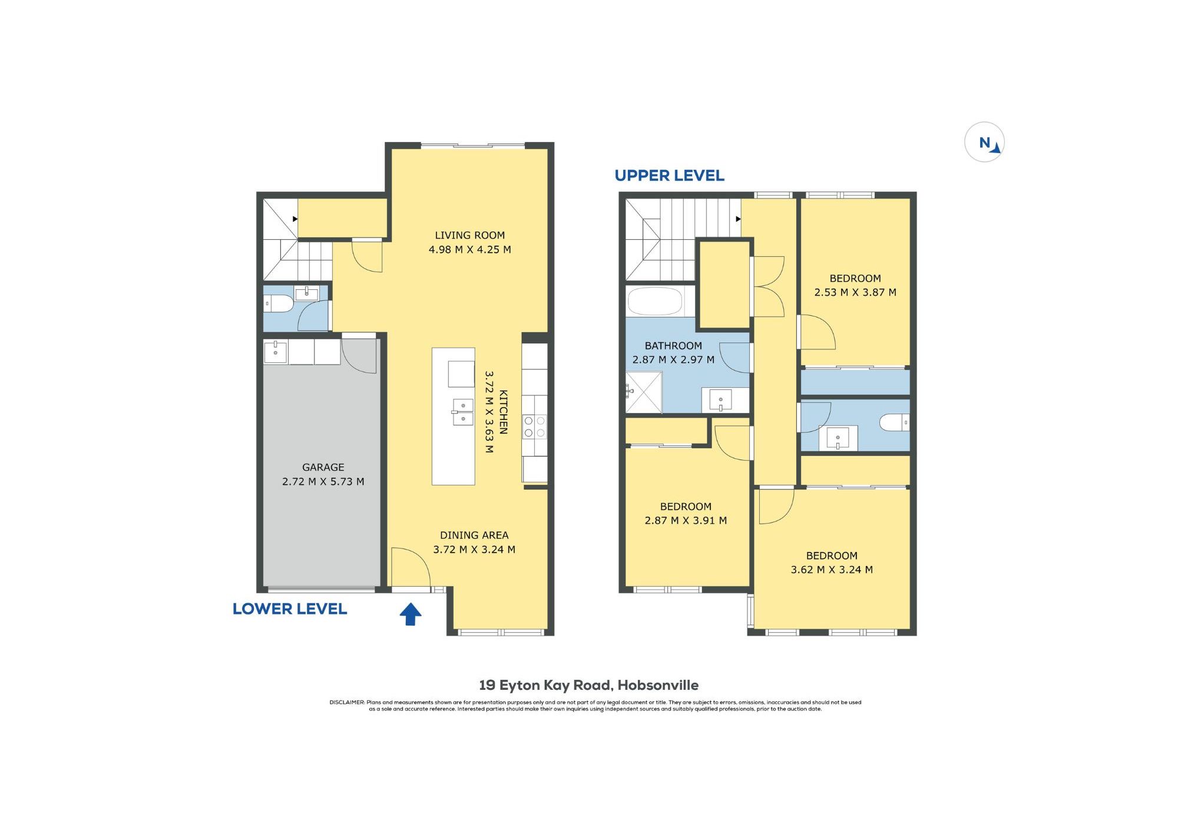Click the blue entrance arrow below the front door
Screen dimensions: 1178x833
[411, 614]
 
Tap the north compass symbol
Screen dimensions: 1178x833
[984, 142]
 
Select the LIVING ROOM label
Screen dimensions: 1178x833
[470, 235]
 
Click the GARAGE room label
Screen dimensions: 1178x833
[323, 467]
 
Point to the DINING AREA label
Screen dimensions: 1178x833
[474, 535]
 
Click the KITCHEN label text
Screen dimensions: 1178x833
[504, 412]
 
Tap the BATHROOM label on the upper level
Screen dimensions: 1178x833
[673, 346]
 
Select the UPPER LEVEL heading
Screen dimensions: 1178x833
[669, 176]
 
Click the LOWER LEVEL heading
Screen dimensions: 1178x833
[290, 609]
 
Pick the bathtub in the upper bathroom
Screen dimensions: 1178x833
[655, 301]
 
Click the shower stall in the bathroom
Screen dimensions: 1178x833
[644, 392]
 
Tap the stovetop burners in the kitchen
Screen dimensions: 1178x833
[535, 427]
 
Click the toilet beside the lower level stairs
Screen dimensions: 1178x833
[278, 304]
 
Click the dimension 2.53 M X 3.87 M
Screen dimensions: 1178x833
[855, 292]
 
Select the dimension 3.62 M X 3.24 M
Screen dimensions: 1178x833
[832, 570]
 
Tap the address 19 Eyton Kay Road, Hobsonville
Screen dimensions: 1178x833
[589, 685]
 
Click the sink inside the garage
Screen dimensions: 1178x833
[276, 352]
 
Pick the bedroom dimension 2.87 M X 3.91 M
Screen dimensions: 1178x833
[686, 520]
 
